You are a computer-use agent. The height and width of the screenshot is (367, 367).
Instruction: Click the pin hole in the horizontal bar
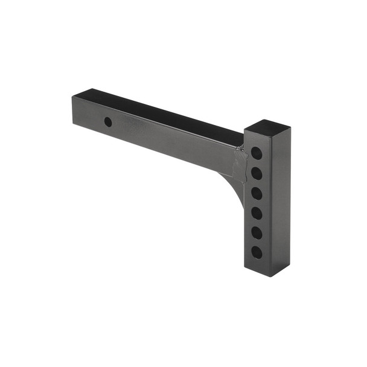pos(108,122)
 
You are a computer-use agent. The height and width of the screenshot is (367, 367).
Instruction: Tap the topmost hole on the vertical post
pos(258,153)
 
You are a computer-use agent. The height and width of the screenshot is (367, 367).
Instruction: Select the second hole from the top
pos(258,173)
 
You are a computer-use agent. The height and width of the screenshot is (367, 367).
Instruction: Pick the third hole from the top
pos(258,193)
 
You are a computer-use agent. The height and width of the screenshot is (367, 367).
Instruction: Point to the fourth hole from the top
pos(258,212)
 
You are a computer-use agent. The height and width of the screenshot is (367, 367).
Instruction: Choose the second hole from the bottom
pos(258,232)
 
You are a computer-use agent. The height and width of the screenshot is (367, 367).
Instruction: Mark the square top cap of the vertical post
pos(267,127)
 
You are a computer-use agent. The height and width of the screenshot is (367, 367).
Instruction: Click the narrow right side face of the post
pos(281,199)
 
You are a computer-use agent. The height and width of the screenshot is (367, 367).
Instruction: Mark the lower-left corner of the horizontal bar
pos(74,124)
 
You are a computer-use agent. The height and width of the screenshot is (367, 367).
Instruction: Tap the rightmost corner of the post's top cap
pos(290,129)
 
